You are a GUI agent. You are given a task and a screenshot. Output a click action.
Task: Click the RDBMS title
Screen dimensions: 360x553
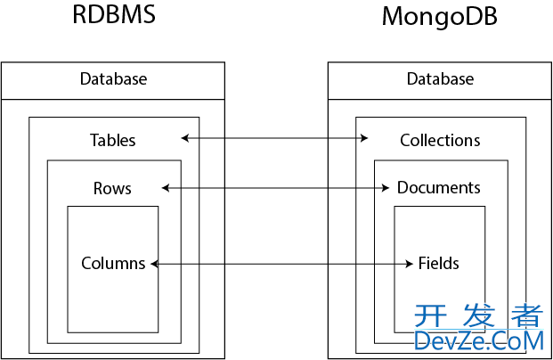coord(114,16)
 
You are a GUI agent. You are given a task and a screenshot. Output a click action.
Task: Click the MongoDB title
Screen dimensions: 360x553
coord(439,17)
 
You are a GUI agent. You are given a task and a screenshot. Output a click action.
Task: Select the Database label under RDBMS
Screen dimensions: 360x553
coord(113,79)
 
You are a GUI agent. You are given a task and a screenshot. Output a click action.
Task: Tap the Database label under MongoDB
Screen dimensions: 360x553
coord(440,79)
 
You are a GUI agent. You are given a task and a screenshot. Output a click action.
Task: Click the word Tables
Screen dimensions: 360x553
coord(113,140)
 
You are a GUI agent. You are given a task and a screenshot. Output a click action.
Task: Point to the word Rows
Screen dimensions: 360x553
coord(112,188)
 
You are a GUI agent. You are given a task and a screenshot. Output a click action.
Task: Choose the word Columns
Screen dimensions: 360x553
coord(113,263)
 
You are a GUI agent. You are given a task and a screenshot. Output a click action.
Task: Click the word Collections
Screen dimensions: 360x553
coord(440,140)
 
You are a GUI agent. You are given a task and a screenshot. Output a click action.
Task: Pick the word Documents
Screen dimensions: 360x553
coord(439,188)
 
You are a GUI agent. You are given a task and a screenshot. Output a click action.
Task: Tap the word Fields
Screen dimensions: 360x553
coord(439,263)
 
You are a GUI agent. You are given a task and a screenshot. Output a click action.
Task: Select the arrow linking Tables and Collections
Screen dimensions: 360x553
coord(274,138)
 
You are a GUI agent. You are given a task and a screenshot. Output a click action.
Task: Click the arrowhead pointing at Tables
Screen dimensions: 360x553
coord(184,138)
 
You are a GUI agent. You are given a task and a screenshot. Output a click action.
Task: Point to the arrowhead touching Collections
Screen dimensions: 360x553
coord(365,138)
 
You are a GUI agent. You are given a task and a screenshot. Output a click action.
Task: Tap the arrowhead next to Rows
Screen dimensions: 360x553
coord(166,188)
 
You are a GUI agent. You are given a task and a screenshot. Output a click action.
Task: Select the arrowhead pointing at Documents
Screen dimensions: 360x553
coord(386,188)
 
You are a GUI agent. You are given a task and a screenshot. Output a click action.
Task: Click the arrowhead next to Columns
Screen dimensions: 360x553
coord(154,264)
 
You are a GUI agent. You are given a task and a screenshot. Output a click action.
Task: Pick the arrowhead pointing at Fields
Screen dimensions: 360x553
coord(411,264)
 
